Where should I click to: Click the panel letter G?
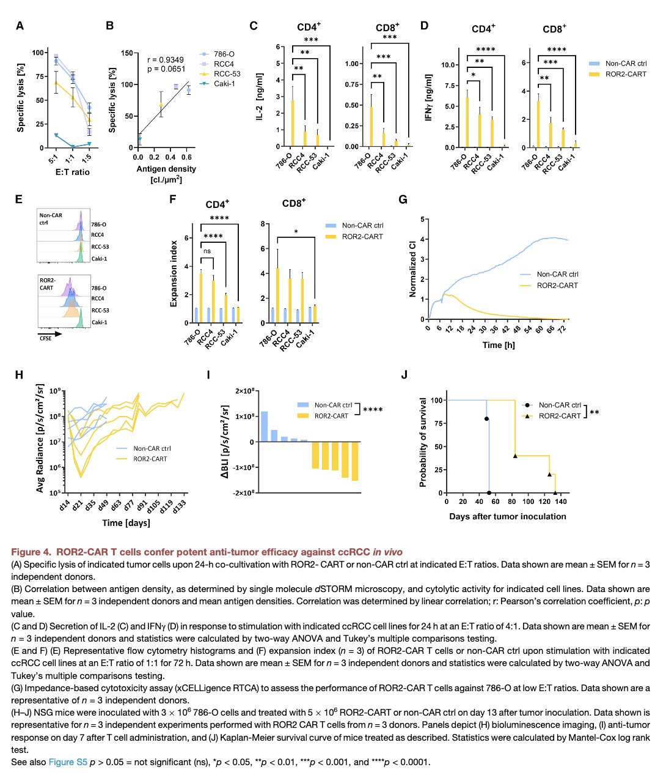pos(403,199)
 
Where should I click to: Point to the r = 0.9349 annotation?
pos(165,60)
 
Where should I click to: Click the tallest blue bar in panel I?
pos(264,426)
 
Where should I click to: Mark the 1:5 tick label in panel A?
pos(89,159)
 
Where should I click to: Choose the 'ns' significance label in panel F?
pos(207,251)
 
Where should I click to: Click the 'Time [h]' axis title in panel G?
pos(499,345)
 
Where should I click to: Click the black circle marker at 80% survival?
pos(487,419)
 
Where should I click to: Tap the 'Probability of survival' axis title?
pos(423,442)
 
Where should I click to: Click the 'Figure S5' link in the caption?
pos(68,762)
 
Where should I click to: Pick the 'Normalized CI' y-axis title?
pos(412,269)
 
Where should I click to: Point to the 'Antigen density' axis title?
pos(167,169)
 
